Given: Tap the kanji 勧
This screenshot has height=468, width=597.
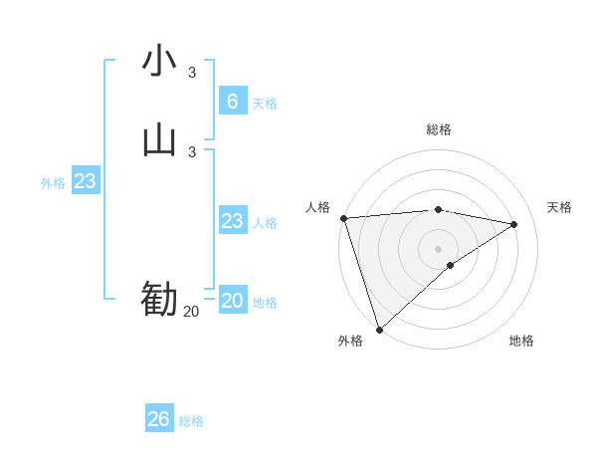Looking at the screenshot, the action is pos(159,299).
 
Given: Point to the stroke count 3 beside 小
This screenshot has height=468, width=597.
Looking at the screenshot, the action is pos(192,72).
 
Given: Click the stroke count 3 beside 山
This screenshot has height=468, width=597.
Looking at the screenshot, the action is pos(192,151).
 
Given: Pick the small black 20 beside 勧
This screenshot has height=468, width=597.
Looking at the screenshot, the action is pos(191,311).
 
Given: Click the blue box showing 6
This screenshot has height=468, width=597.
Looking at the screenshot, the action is pos(233,101).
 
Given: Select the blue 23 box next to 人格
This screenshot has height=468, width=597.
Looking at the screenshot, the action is pos(233,221).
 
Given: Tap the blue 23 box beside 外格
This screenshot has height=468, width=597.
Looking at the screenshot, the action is pos(86,181).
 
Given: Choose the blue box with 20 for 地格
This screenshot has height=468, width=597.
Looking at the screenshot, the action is pos(233,301).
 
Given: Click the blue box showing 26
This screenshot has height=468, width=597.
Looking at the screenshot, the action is pos(159,419).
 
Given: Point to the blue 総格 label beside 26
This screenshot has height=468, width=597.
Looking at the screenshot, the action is pos(191,421).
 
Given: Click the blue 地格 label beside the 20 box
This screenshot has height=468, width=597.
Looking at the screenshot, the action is pos(265,303).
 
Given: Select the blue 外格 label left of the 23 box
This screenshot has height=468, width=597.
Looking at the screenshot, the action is pos(53,183).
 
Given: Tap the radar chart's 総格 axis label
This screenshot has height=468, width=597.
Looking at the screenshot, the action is pos(439,129).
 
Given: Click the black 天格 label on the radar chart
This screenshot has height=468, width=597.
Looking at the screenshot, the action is pos(560,207).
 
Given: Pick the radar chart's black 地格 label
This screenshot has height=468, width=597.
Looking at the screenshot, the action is pos(521,342).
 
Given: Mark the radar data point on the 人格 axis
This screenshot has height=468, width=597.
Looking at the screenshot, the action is pos(343,218).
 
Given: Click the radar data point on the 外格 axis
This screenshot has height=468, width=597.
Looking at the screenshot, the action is pos(378,329).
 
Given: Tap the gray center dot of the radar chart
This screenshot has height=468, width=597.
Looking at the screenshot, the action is pos(439,248).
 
